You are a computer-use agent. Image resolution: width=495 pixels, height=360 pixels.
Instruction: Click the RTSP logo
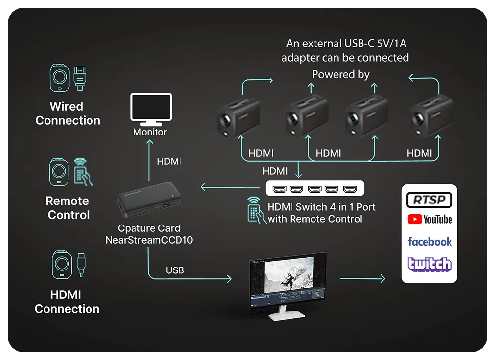(429, 200)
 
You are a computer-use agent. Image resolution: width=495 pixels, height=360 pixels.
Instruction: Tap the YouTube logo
(429, 219)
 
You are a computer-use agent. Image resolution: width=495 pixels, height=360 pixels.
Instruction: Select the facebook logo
(429, 241)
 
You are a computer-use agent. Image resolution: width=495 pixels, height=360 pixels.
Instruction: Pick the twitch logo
(429, 264)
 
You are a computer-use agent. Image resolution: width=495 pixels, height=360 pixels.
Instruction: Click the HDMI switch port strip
(315, 189)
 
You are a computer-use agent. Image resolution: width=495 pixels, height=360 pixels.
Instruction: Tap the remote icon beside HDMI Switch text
(254, 210)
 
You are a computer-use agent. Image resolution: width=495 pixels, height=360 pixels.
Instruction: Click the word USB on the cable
(175, 270)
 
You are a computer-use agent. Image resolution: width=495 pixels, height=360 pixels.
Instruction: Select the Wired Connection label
(67, 113)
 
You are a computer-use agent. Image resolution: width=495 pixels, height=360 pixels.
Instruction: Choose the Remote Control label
(68, 208)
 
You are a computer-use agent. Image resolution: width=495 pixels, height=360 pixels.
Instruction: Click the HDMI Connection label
(67, 302)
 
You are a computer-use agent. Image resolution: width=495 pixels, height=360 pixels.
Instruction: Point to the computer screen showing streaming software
(288, 283)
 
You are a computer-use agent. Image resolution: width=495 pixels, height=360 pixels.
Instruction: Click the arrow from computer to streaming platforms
(362, 279)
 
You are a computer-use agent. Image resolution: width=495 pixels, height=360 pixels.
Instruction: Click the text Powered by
(340, 74)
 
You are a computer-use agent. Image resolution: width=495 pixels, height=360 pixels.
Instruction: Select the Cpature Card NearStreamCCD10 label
(149, 234)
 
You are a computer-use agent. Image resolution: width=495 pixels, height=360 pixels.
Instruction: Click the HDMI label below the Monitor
(169, 161)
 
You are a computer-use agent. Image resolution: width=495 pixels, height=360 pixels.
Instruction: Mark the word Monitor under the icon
(150, 132)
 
